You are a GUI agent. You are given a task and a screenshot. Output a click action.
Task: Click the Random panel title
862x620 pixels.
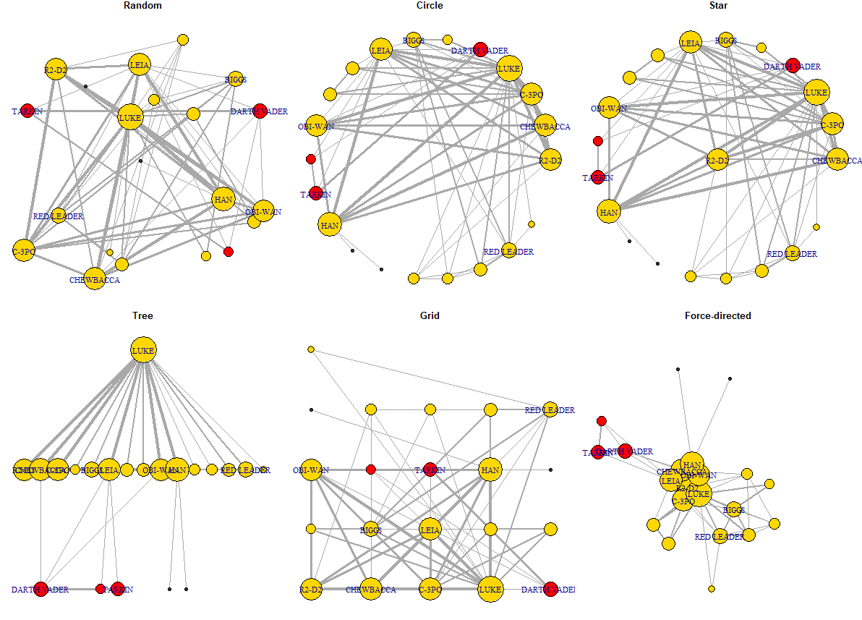[x=142, y=6]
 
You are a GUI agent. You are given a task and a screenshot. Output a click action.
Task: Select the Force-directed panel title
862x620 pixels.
[x=717, y=315]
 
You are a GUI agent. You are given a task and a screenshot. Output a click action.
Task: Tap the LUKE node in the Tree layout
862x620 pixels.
[x=143, y=350]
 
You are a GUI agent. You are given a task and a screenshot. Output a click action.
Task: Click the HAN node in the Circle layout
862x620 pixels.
[x=330, y=226]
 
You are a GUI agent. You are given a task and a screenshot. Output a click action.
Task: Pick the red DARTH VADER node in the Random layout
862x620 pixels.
[x=260, y=111]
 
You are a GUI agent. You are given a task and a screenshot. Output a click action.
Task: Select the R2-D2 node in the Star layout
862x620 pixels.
[x=717, y=160]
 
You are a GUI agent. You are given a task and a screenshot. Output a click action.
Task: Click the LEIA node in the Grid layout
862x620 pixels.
[x=430, y=530]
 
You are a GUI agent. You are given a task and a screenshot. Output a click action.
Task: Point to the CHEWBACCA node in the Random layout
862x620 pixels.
[x=94, y=279]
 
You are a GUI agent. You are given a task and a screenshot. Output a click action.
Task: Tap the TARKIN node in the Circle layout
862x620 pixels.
[x=316, y=193]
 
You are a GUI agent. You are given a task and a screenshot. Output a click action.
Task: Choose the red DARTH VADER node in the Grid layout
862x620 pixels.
[x=550, y=589]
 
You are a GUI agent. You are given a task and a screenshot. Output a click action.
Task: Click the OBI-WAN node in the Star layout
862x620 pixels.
[x=609, y=108]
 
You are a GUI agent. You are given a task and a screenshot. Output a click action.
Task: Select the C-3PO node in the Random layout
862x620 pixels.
[x=24, y=250]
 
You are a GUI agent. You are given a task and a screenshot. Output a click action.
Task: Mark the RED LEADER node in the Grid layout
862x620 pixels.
[x=550, y=409]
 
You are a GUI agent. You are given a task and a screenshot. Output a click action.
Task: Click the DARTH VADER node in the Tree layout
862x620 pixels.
[x=40, y=589]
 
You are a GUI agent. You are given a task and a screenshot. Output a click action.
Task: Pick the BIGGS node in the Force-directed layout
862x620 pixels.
[x=734, y=510]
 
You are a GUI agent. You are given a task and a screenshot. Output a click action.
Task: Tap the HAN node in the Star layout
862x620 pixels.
[x=609, y=212]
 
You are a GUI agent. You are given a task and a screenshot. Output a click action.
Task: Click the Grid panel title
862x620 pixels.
[x=430, y=315]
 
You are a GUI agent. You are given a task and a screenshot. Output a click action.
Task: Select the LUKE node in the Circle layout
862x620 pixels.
[x=509, y=69]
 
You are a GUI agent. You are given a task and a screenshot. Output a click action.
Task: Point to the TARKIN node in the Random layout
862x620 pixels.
[x=27, y=111]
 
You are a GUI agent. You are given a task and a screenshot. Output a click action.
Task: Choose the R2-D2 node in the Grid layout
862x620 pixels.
[x=311, y=589]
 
